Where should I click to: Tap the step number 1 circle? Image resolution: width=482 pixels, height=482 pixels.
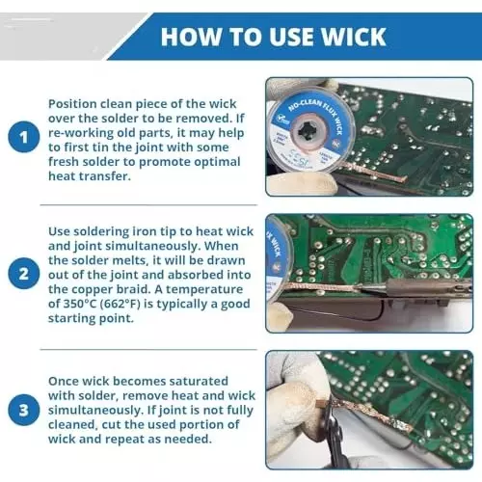pos(24,137)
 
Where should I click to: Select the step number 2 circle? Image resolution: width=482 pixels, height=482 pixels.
pos(24,274)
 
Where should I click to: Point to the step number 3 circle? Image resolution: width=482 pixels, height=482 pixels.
pos(24,410)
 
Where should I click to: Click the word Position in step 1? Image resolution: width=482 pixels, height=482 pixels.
pos(72,104)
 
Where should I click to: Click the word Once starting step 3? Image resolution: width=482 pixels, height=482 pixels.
pos(64,381)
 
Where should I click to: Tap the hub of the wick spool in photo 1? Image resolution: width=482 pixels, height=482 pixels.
pos(310,131)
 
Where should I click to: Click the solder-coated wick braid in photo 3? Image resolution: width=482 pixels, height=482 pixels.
pos(374,415)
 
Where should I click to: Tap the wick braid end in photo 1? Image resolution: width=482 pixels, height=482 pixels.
pos(402,178)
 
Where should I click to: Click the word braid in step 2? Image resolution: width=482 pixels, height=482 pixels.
pos(135,289)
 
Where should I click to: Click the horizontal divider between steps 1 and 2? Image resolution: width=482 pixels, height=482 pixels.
pos(148,204)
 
